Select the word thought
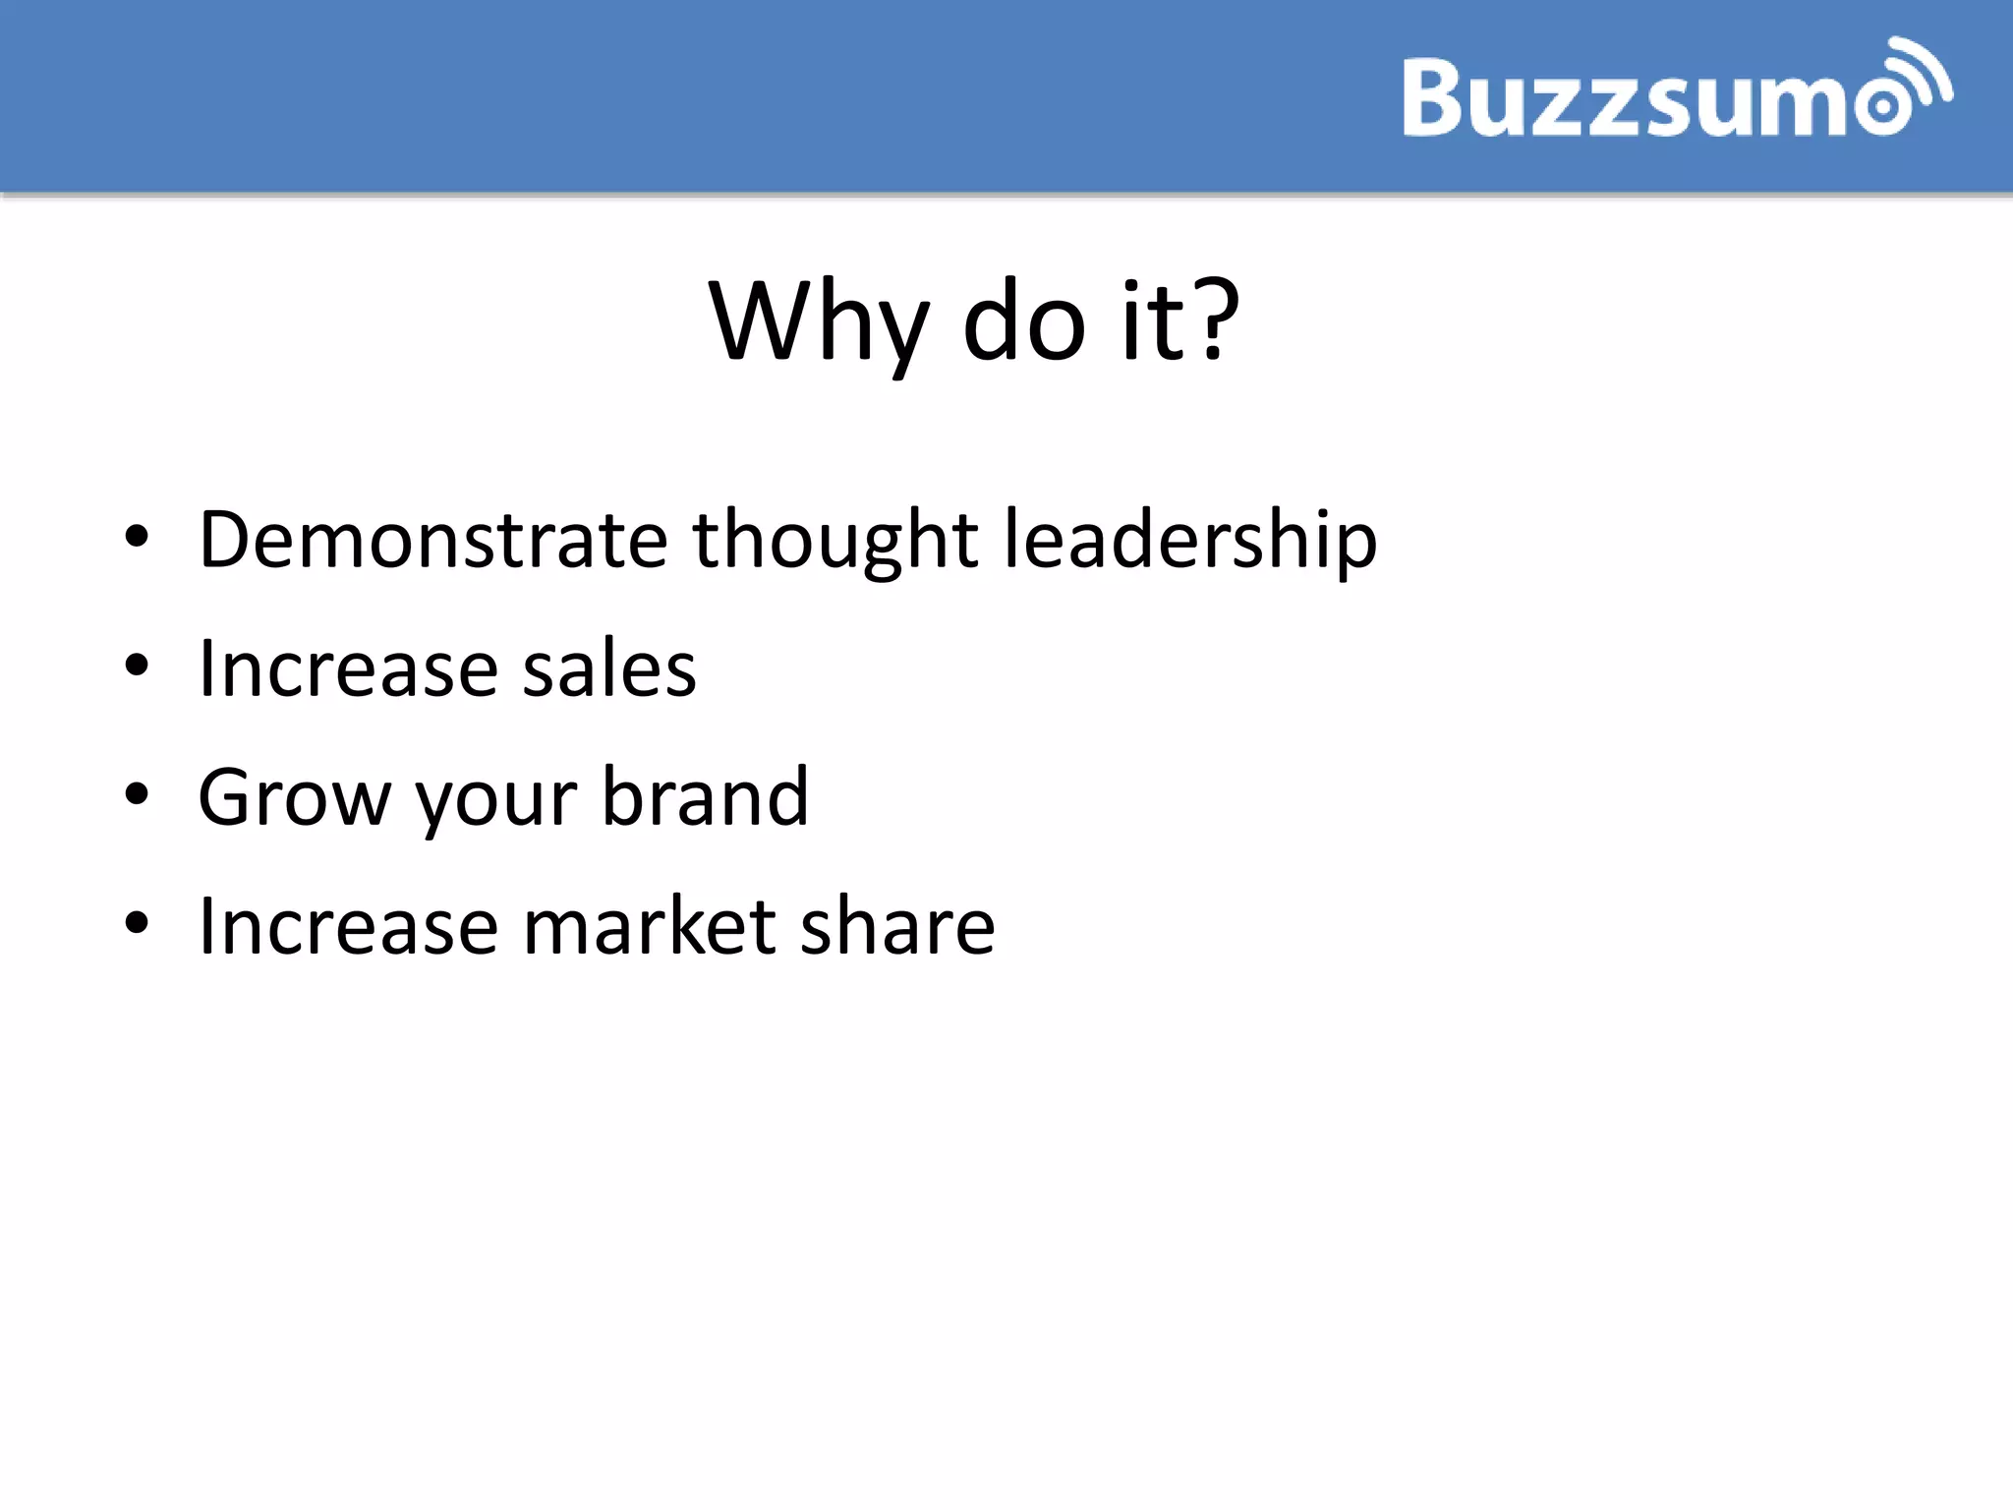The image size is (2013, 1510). coord(835,541)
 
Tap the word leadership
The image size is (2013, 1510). coord(1189,541)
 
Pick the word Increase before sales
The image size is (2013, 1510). coord(348,668)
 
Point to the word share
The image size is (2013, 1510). coord(897,926)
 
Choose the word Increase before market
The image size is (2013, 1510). coord(348,926)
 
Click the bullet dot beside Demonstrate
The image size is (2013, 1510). coord(137,538)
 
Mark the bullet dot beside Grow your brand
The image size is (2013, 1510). coord(137,794)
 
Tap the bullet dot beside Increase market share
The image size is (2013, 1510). coord(137,923)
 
